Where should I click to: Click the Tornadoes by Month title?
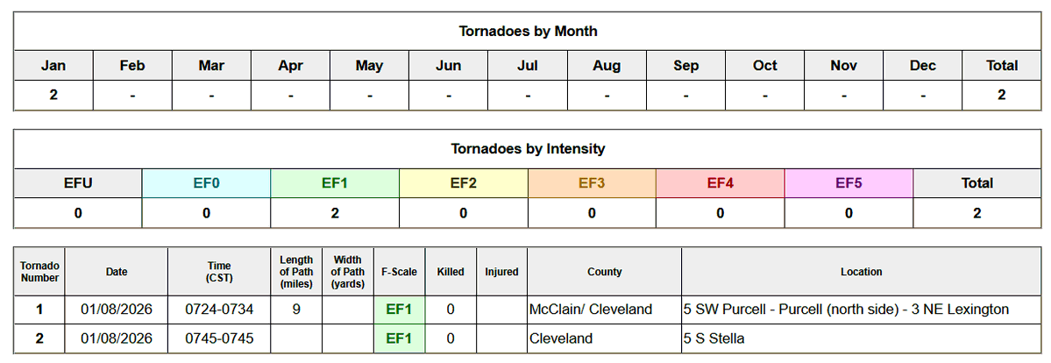(528, 32)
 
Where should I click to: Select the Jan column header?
(53, 66)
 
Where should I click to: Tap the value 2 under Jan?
(53, 95)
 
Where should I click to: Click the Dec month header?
(922, 66)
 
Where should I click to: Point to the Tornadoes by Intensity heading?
(528, 149)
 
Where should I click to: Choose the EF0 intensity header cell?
(206, 183)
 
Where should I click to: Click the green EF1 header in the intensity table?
(335, 183)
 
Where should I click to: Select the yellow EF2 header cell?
(463, 183)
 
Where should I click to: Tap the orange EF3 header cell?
(592, 183)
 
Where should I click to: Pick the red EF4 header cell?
(720, 183)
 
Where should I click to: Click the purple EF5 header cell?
(849, 183)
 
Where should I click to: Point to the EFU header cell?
(78, 183)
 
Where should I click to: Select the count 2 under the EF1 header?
(335, 213)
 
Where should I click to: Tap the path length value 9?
(297, 310)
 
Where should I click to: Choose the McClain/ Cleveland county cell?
(591, 310)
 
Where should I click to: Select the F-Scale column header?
(399, 272)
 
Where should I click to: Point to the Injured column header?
(501, 272)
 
